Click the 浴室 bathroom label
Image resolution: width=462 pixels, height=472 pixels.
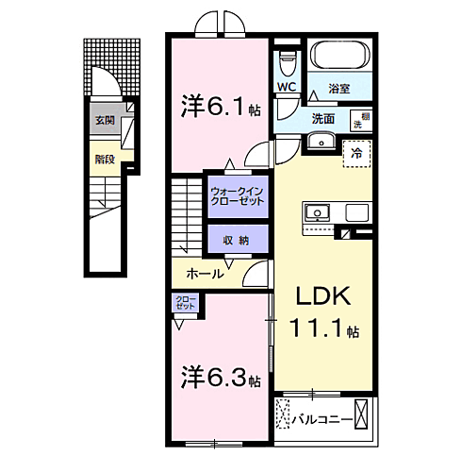339,89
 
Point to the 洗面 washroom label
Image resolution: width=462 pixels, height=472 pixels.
323,119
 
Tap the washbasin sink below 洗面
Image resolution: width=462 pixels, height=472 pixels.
323,141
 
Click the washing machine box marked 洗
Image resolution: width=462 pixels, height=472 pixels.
358,120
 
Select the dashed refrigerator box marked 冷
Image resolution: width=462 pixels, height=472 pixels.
356,152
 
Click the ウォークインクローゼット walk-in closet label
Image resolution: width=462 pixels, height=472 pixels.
236,198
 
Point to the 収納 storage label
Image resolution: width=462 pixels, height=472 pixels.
236,240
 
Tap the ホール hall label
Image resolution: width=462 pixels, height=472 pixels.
204,274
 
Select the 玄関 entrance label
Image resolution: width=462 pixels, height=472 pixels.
104,122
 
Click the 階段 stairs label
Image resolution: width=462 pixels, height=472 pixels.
104,160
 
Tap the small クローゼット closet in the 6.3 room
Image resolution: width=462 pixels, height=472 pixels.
184,303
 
